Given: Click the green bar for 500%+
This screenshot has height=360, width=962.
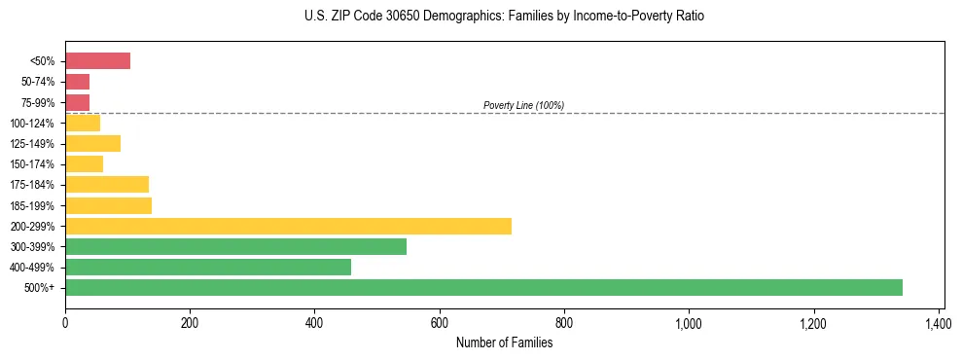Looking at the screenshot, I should tap(483, 287).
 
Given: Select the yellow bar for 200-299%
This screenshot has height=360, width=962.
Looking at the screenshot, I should tap(288, 226).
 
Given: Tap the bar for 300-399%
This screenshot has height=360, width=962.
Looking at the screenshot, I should tap(235, 246).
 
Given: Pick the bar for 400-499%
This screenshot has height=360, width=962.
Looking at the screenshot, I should tap(208, 267).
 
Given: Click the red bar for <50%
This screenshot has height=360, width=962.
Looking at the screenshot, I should tap(97, 61).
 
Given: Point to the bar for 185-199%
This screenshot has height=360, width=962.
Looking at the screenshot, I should tap(108, 205).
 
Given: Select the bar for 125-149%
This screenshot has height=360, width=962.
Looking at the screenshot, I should tap(92, 143).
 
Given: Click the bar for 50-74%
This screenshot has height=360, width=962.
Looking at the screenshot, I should tap(77, 82).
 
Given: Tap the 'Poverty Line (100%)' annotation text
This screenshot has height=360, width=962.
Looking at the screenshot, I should tap(523, 105).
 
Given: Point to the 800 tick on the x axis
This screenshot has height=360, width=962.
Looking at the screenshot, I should tap(564, 320).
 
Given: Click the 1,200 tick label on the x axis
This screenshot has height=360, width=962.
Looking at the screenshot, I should tap(813, 320).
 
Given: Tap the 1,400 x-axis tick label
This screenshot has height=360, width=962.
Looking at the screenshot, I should tap(939, 320).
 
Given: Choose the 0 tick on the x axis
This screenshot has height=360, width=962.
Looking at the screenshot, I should tap(65, 320).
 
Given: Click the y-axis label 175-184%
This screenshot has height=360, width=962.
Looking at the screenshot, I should tap(32, 185).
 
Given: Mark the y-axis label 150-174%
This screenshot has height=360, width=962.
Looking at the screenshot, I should tap(32, 164).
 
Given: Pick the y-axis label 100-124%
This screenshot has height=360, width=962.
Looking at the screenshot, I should tap(32, 124).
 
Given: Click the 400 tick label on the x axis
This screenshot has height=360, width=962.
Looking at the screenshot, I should tap(314, 320).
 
